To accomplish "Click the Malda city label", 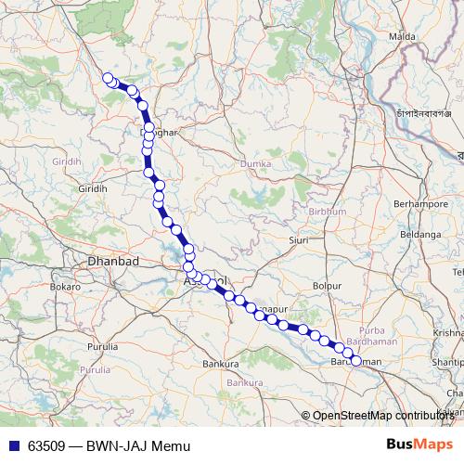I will coord(403,36).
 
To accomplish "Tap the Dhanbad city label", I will coord(112,262).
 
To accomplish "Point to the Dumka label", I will coord(255,163).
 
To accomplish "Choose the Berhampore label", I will coord(421,201).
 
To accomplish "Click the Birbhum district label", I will coord(327,212).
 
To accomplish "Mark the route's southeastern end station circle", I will coord(356,361).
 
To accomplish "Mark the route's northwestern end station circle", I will coord(108,78).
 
